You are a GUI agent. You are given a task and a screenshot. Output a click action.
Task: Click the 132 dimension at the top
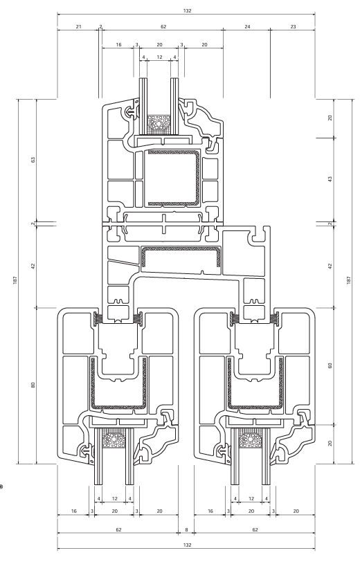187,11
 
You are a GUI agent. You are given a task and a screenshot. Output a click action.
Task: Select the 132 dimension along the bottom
187,545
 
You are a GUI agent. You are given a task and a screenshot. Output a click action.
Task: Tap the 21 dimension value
79,26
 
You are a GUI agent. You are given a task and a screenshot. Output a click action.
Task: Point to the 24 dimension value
247,26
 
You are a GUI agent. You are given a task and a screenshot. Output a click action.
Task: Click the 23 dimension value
293,26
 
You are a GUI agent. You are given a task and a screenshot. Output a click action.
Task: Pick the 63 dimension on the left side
33,159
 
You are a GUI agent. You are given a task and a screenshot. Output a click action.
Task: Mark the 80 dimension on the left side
33,385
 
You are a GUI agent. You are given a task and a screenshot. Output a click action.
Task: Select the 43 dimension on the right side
330,179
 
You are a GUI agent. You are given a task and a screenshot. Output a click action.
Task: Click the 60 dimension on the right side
330,365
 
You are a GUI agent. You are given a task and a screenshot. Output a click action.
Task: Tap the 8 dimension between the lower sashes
186,530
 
